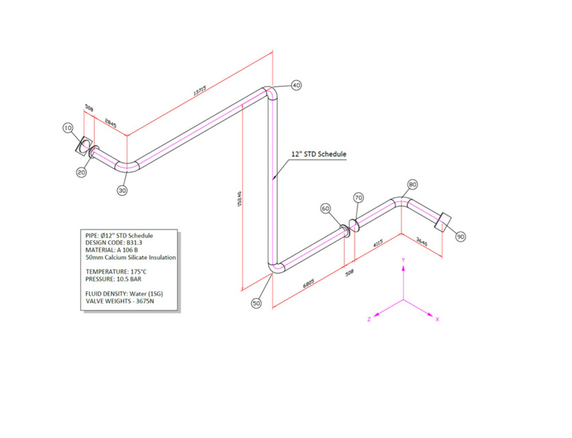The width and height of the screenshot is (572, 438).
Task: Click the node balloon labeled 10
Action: click(68, 128)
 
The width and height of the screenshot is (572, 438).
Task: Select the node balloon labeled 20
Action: click(81, 172)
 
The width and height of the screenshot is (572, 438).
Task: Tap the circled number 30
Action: click(122, 191)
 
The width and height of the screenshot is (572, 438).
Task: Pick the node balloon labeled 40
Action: click(296, 86)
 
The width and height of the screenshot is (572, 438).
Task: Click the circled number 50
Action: click(257, 302)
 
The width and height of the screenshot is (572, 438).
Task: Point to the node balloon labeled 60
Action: click(326, 208)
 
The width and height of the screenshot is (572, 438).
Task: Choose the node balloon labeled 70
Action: click(359, 197)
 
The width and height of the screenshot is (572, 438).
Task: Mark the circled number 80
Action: click(413, 184)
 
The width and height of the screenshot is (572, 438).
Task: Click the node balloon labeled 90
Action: click(460, 237)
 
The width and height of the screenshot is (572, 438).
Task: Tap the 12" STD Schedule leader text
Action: click(319, 155)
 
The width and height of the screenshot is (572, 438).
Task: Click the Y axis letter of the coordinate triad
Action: click(404, 260)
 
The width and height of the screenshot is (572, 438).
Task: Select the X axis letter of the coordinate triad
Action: click(437, 320)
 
